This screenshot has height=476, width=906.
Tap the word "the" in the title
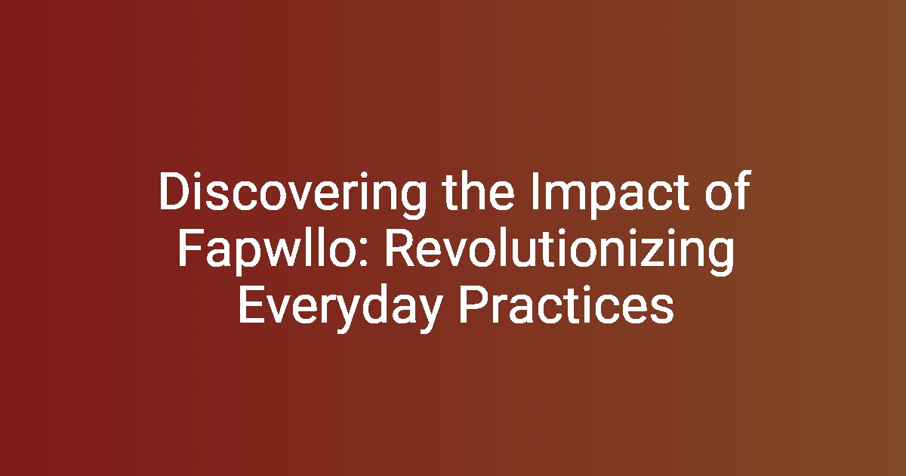tap(479, 190)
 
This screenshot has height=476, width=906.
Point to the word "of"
tap(729, 190)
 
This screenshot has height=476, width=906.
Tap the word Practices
tap(566, 304)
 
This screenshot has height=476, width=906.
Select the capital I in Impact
tap(535, 190)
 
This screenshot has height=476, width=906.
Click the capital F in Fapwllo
tap(190, 248)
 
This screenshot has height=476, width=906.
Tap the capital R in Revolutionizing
tap(399, 248)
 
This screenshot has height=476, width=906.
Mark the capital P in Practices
tap(473, 304)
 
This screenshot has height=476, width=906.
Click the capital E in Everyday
tap(251, 304)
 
